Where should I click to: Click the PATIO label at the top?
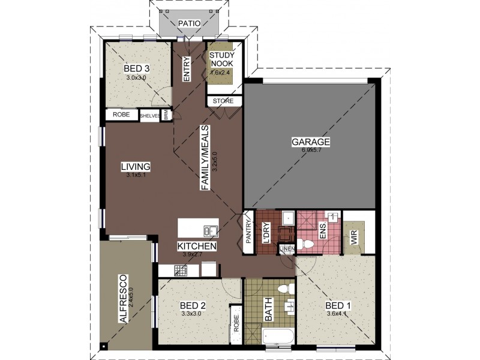coord(189,23)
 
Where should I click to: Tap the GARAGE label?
coord(311,142)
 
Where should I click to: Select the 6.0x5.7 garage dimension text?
coord(311,150)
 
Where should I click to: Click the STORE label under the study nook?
coord(223,101)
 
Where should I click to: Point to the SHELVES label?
coord(149,116)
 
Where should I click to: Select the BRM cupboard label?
coord(166,115)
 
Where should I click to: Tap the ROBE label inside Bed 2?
coord(236,324)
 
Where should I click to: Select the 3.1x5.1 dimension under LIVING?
coord(137,175)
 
